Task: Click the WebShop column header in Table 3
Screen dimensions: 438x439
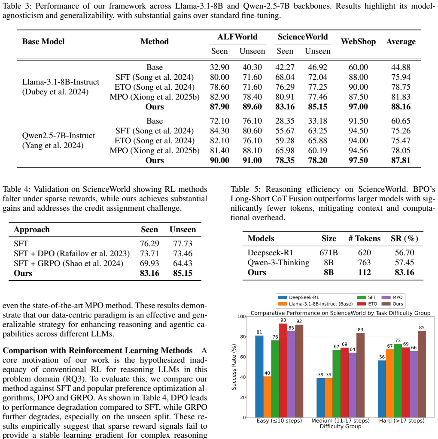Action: pos(358,42)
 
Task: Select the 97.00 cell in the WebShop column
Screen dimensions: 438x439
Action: pos(358,107)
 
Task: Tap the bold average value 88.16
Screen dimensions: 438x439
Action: pos(401,107)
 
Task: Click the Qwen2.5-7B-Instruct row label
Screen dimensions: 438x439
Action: pos(58,136)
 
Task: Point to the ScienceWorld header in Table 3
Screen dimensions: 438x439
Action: pos(303,36)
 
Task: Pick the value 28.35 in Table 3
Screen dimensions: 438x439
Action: pos(285,121)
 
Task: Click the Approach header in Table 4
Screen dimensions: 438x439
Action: pos(32,230)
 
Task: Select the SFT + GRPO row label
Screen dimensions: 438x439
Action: pos(68,263)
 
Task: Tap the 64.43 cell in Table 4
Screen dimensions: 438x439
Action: pos(182,263)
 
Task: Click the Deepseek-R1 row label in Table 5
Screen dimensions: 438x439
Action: pos(270,253)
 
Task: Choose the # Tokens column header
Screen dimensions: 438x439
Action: pos(364,239)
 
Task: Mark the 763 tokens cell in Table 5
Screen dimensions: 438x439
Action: pos(364,263)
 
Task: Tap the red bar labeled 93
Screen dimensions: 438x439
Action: pos(283,370)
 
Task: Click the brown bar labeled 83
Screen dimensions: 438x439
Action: pos(360,375)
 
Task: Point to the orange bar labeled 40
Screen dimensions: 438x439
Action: pos(267,397)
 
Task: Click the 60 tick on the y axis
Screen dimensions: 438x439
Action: pos(243,357)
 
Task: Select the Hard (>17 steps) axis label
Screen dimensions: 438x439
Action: pos(401,421)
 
